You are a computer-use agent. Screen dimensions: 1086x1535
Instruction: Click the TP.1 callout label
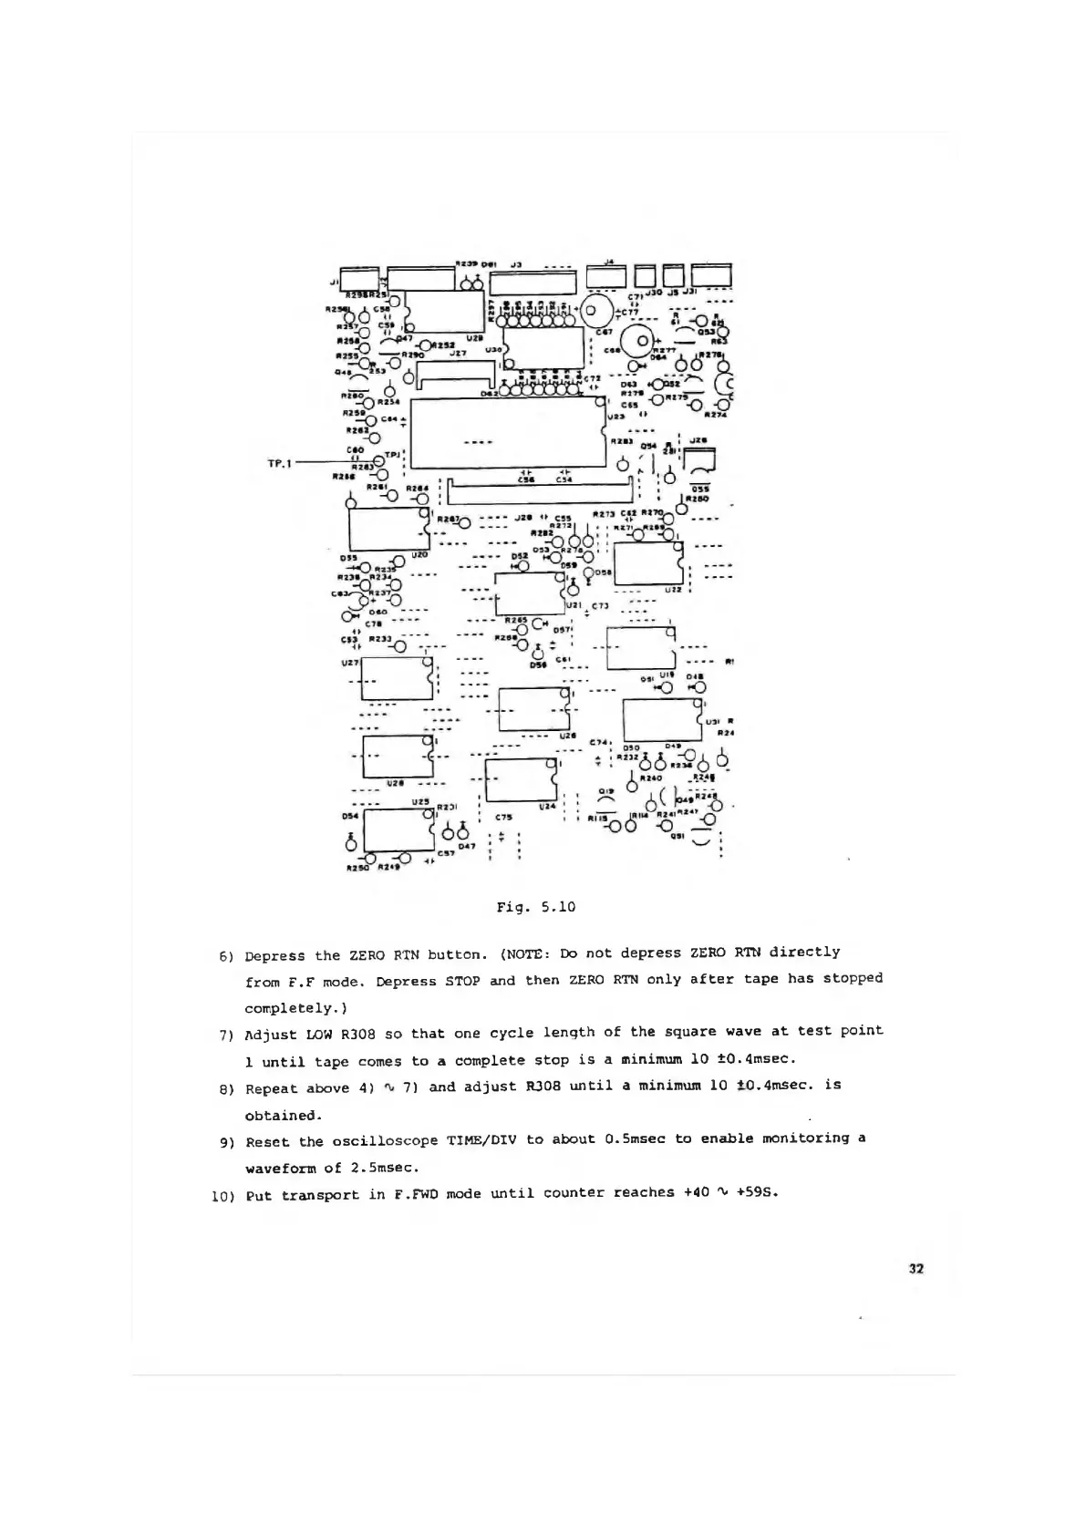click(277, 464)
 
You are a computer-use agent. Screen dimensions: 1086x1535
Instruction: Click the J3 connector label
click(515, 265)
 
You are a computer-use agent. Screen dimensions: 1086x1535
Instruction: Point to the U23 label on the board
click(615, 416)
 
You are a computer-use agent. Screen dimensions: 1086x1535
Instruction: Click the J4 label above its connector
click(609, 262)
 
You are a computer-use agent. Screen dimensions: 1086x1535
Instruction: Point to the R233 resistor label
click(380, 639)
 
